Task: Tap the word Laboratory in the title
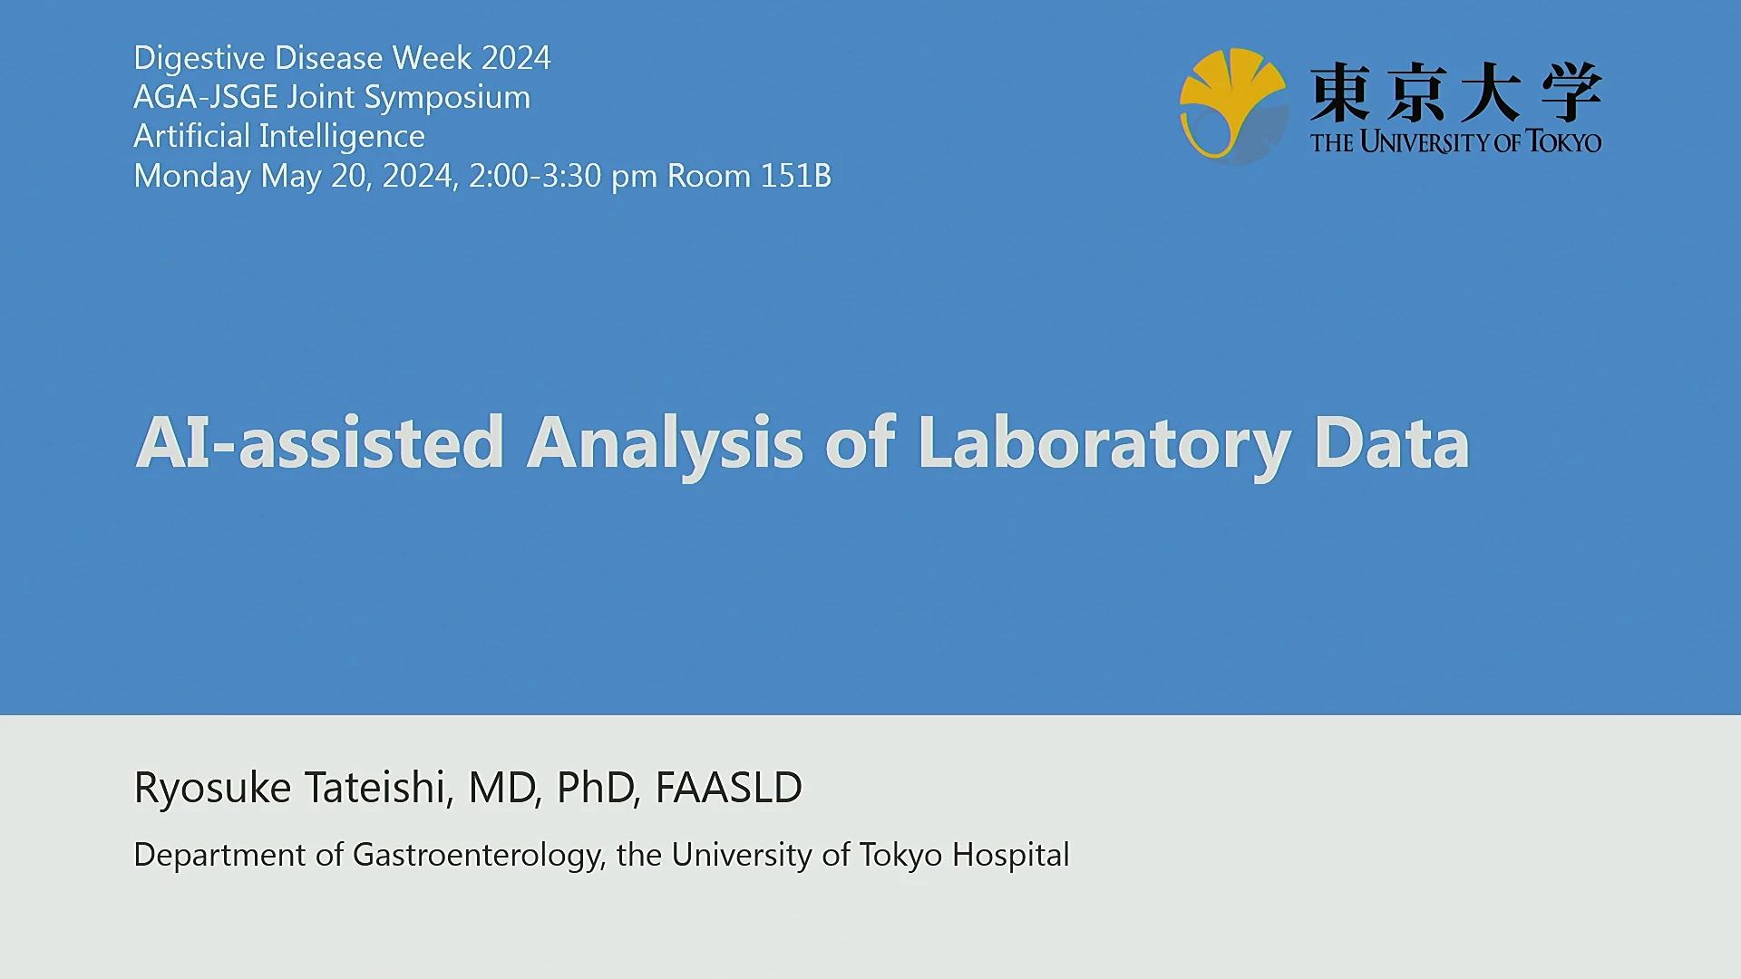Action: pyautogui.click(x=1104, y=444)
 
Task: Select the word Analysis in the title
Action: pyautogui.click(x=665, y=444)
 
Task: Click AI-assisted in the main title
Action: pyautogui.click(x=320, y=442)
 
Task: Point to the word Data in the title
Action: pyautogui.click(x=1391, y=442)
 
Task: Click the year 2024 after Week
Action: pyautogui.click(x=516, y=58)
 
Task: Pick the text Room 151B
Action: pyautogui.click(x=749, y=176)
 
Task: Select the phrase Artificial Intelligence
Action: pyautogui.click(x=279, y=137)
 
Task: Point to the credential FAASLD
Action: pyautogui.click(x=728, y=788)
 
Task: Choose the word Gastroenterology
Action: pyautogui.click(x=479, y=856)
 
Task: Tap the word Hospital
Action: pyautogui.click(x=1011, y=856)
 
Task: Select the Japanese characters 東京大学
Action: pyautogui.click(x=1456, y=92)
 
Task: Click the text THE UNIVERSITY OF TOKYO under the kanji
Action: pyautogui.click(x=1456, y=142)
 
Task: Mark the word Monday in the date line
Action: pyautogui.click(x=192, y=177)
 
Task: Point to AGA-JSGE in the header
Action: pyautogui.click(x=206, y=97)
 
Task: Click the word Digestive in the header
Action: pyautogui.click(x=199, y=59)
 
